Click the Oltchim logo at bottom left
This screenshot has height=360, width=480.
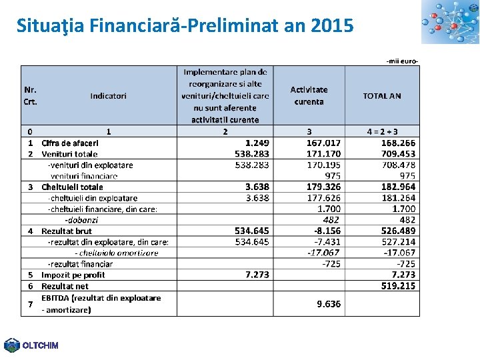coord(31,345)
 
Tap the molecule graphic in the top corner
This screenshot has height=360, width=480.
coord(450,22)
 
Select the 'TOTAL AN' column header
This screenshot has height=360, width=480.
coord(382,96)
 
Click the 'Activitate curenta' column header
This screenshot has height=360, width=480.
coord(309,95)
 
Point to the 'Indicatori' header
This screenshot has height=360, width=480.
coord(108,96)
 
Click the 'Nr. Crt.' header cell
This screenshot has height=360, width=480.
coord(31,96)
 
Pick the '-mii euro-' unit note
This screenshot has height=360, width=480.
coord(402,61)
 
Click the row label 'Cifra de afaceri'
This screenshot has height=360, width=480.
coord(70,143)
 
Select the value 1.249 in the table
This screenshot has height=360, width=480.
coord(257,143)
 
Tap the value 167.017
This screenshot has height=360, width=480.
coord(323,143)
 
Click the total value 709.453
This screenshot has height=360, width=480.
coord(398,154)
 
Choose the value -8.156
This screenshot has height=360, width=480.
coord(327,231)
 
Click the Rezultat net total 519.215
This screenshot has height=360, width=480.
coord(398,285)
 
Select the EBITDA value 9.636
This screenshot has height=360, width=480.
coord(329,304)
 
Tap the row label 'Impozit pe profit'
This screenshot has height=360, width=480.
coord(73,275)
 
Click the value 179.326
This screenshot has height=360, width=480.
coord(323,187)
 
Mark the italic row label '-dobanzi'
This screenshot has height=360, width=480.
coord(81,219)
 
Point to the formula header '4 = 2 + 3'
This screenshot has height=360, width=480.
coord(383,132)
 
